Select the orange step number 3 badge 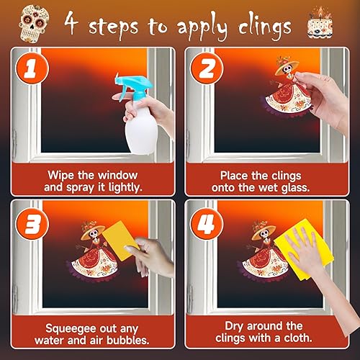[x=27, y=225]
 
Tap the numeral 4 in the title [x=72, y=24]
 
